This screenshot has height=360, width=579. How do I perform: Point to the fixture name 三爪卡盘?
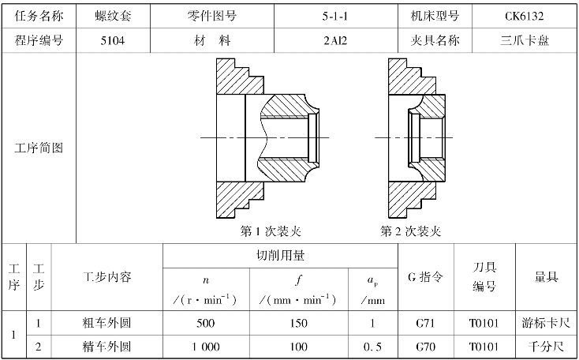pyautogui.click(x=525, y=40)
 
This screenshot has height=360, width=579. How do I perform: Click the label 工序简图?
pyautogui.click(x=39, y=148)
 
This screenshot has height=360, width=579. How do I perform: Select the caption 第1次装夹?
pyautogui.click(x=271, y=231)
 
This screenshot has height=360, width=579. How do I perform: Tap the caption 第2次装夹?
pyautogui.click(x=410, y=231)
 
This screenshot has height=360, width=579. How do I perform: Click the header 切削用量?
pyautogui.click(x=280, y=256)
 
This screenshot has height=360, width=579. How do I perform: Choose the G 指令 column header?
pyautogui.click(x=428, y=277)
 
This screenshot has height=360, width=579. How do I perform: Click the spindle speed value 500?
pyautogui.click(x=207, y=323)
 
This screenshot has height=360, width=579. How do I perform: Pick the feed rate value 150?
pyautogui.click(x=299, y=323)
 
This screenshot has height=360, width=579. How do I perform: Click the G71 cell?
pyautogui.click(x=428, y=323)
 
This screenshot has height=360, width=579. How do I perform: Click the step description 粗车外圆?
pyautogui.click(x=106, y=323)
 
